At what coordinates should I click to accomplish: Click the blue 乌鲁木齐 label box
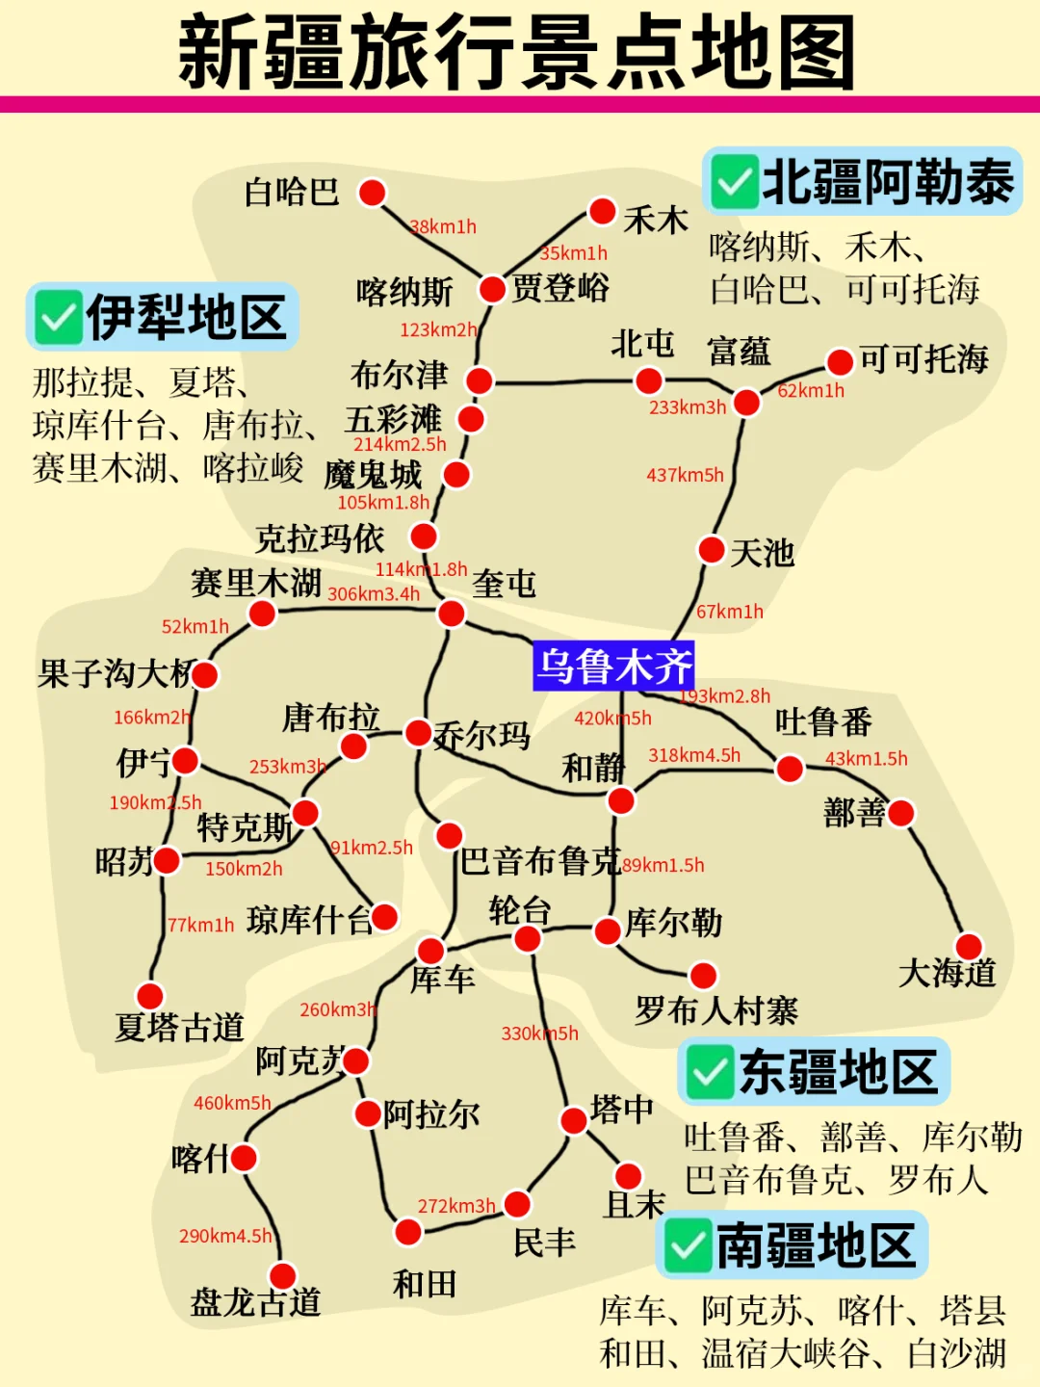[613, 666]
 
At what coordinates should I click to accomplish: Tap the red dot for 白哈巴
[373, 193]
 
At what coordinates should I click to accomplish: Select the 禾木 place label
[656, 220]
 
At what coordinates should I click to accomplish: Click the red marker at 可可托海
[840, 362]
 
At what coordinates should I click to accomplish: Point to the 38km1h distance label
[443, 227]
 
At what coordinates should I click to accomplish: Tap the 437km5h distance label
[685, 475]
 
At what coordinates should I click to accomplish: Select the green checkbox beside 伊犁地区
[58, 318]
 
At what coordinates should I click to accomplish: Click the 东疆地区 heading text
[838, 1072]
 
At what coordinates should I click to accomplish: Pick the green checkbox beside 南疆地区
[688, 1246]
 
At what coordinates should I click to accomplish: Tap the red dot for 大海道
[969, 946]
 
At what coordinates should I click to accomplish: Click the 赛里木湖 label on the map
[256, 583]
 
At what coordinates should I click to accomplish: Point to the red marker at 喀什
[245, 1158]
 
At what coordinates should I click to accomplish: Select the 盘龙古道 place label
[255, 1302]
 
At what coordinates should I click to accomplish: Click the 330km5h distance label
[539, 1034]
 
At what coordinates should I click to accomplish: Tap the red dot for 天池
[712, 550]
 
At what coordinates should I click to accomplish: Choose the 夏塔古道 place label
[179, 1027]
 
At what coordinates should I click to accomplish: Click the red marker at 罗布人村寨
[704, 975]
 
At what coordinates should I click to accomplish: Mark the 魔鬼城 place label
[373, 475]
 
